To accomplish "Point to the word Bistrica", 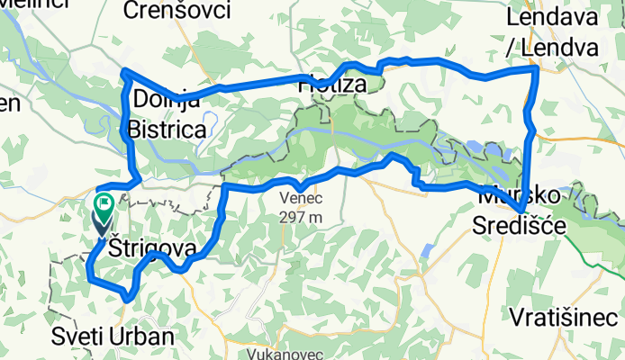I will pyautogui.click(x=168, y=130).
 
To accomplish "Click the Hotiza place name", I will pyautogui.click(x=334, y=85).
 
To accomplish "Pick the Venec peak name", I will pyautogui.click(x=301, y=199).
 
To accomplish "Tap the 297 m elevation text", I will pyautogui.click(x=301, y=216).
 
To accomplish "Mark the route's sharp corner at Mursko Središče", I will pyautogui.click(x=523, y=211).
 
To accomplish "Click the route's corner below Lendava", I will pyautogui.click(x=537, y=67).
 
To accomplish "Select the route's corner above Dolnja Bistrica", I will pyautogui.click(x=124, y=70).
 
